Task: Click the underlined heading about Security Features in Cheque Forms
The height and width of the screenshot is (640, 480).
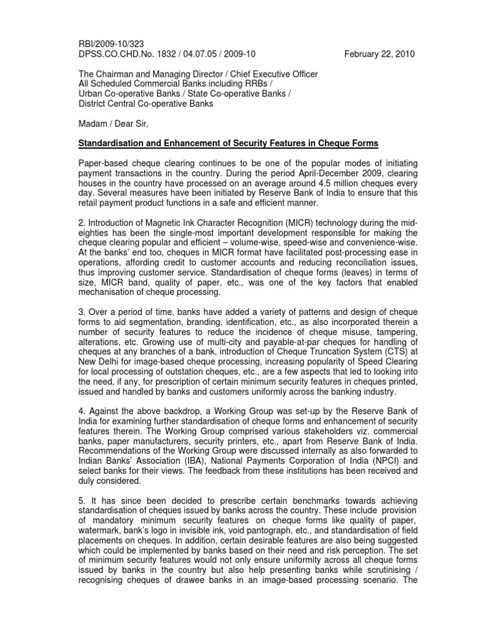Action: pyautogui.click(x=227, y=144)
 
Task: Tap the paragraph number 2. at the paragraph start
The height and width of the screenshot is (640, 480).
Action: pyautogui.click(x=81, y=224)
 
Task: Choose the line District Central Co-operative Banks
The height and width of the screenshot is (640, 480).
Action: pyautogui.click(x=145, y=104)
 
